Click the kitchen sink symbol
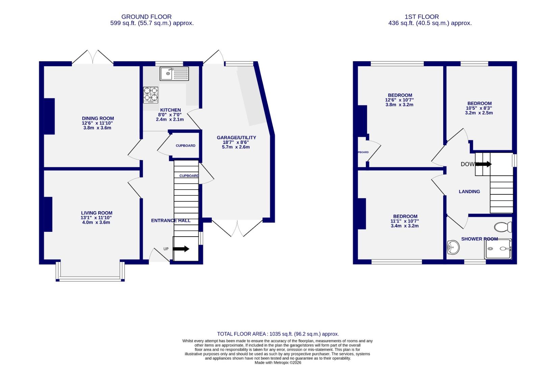point(174,73)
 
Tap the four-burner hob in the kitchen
point(151,95)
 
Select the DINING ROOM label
point(98,118)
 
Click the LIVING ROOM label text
point(97,213)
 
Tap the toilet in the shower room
point(503,227)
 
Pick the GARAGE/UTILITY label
point(236,138)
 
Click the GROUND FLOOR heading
point(146,17)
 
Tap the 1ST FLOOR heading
point(422,17)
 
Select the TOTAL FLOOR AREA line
point(278,334)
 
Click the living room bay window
point(90,279)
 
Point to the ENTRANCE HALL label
point(171,220)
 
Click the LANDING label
point(469,192)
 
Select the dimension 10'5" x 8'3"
point(479,108)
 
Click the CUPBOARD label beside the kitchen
point(185,146)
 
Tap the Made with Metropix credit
point(278,363)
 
